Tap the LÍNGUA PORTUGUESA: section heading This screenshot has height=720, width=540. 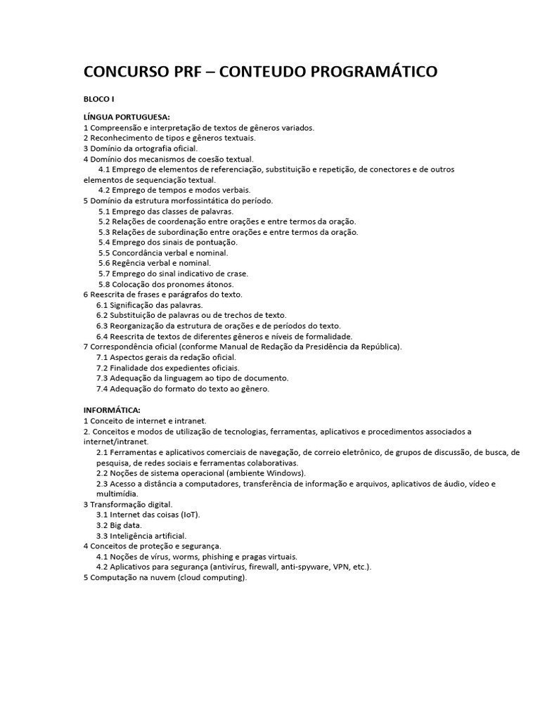(127, 117)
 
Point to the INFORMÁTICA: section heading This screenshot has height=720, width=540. (112, 410)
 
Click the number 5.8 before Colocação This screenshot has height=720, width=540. (105, 284)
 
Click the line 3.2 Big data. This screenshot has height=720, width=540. (119, 525)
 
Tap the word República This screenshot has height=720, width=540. (380, 347)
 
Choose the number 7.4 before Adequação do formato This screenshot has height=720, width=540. (102, 388)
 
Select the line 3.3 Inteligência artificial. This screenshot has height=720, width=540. (141, 536)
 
